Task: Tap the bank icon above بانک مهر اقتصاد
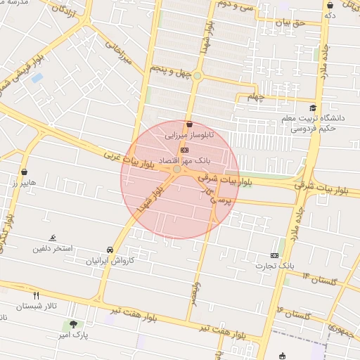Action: [184, 150]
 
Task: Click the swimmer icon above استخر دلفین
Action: [53, 238]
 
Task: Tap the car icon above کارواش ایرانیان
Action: [110, 250]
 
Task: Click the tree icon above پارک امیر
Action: [74, 324]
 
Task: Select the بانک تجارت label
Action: [296, 266]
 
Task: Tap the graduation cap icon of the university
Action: [312, 108]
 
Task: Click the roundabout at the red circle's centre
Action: [177, 169]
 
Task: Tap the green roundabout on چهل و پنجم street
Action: [198, 76]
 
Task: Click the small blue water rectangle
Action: [37, 77]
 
